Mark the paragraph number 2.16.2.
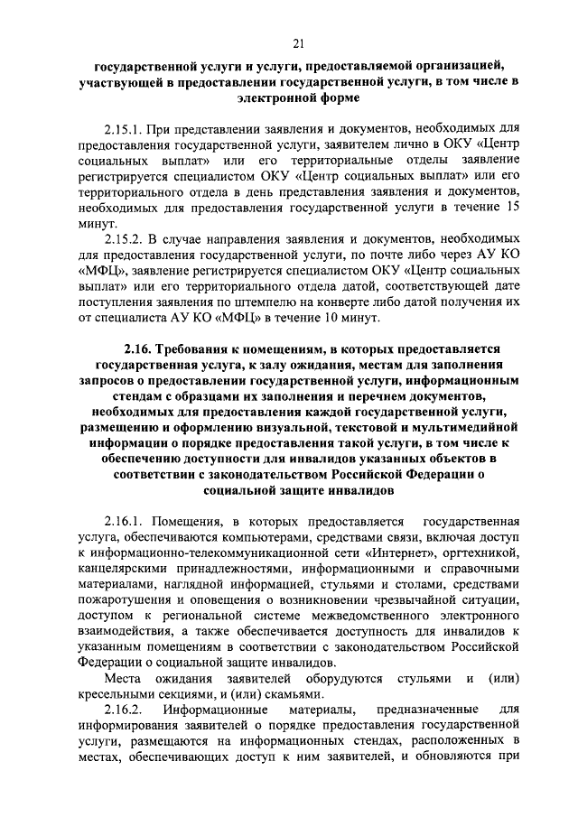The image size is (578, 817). (126, 710)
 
